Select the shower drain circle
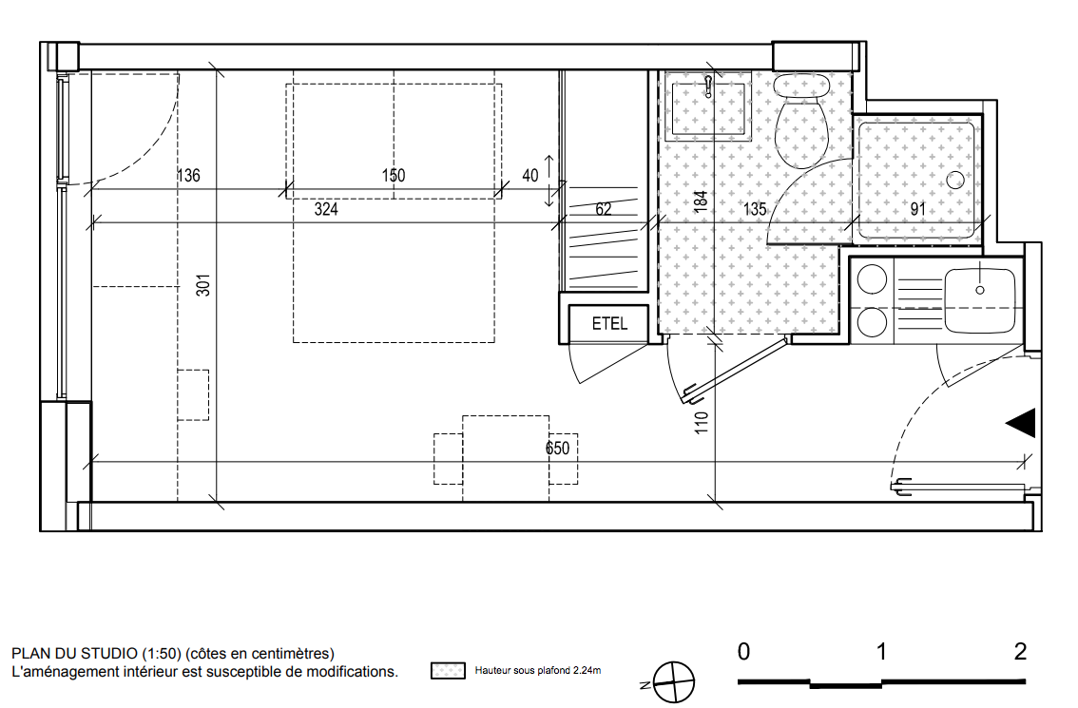pyautogui.click(x=955, y=181)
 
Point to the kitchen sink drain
pyautogui.click(x=980, y=290)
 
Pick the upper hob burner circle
pyautogui.click(x=872, y=279)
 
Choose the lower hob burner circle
pyautogui.click(x=872, y=322)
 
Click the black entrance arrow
pyautogui.click(x=1021, y=424)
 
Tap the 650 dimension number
pyautogui.click(x=558, y=449)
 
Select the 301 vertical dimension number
pyautogui.click(x=203, y=284)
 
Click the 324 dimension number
pyautogui.click(x=326, y=209)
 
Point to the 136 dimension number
pyautogui.click(x=188, y=175)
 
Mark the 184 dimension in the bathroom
pyautogui.click(x=701, y=201)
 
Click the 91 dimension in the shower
pyautogui.click(x=917, y=209)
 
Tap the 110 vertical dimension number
pyautogui.click(x=702, y=422)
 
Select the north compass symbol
pyautogui.click(x=674, y=682)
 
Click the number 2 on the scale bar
pyautogui.click(x=1020, y=651)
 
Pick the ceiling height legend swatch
pyautogui.click(x=449, y=671)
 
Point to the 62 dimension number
pyautogui.click(x=604, y=209)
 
